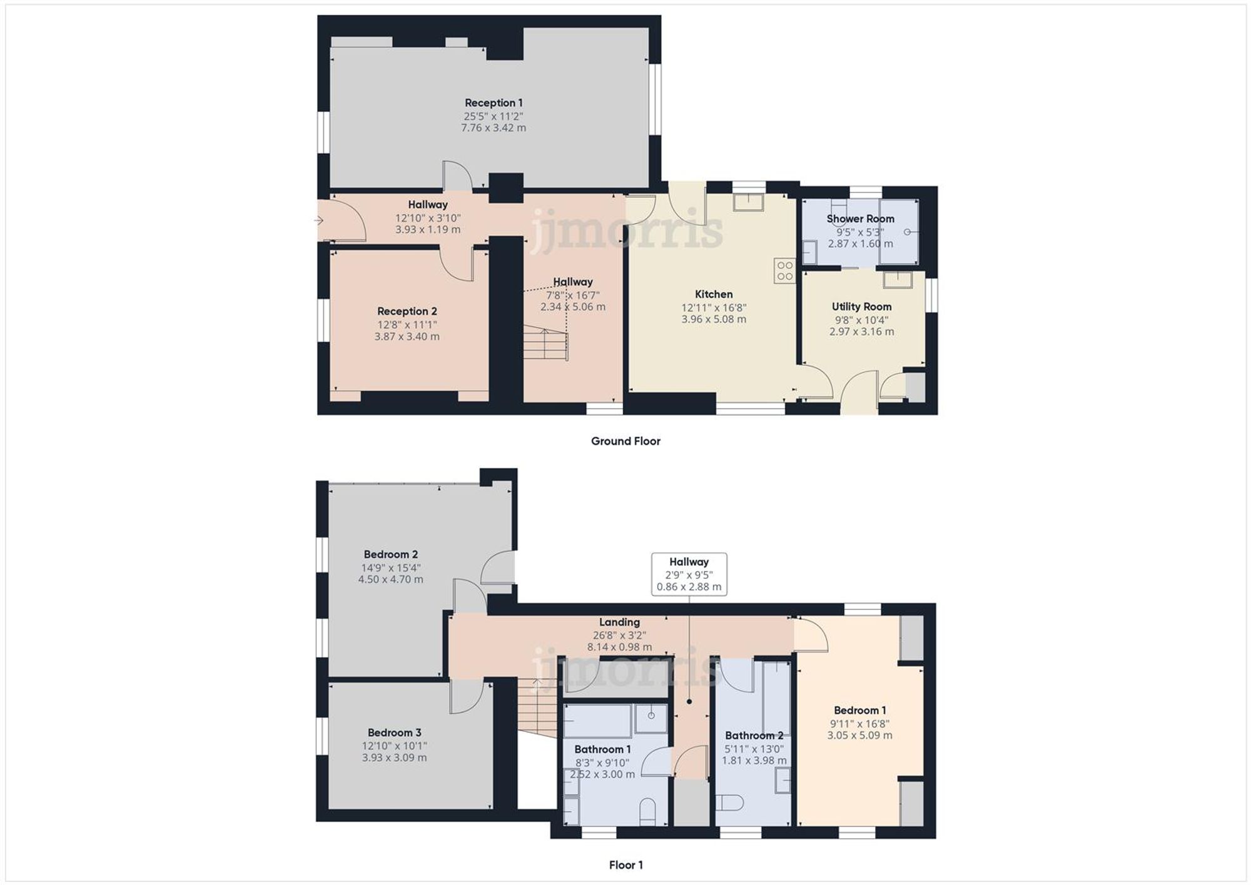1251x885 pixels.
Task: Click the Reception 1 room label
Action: coord(494,103)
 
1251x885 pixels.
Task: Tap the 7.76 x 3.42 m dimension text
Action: coord(494,128)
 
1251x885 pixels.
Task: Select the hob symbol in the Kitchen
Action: coord(784,271)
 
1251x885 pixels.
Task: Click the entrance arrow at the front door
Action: coord(318,220)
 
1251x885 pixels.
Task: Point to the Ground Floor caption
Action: coord(625,441)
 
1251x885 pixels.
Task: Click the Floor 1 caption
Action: coord(625,865)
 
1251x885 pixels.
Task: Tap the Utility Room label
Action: coord(861,306)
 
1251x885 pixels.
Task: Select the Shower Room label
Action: coord(860,219)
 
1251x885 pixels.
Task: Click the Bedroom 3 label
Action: coord(394,732)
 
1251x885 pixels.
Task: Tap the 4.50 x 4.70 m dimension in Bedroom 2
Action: coord(390,580)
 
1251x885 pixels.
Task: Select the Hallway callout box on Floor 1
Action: coord(689,574)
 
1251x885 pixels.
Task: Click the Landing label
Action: coord(619,622)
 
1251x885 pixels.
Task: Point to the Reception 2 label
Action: coord(407,311)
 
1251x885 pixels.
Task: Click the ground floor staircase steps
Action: coord(545,344)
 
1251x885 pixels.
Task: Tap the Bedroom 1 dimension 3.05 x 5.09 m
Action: coord(859,736)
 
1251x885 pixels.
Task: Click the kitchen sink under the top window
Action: coord(748,202)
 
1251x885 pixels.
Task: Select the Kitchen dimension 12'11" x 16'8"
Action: coord(714,308)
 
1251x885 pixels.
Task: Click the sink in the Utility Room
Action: coord(897,280)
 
